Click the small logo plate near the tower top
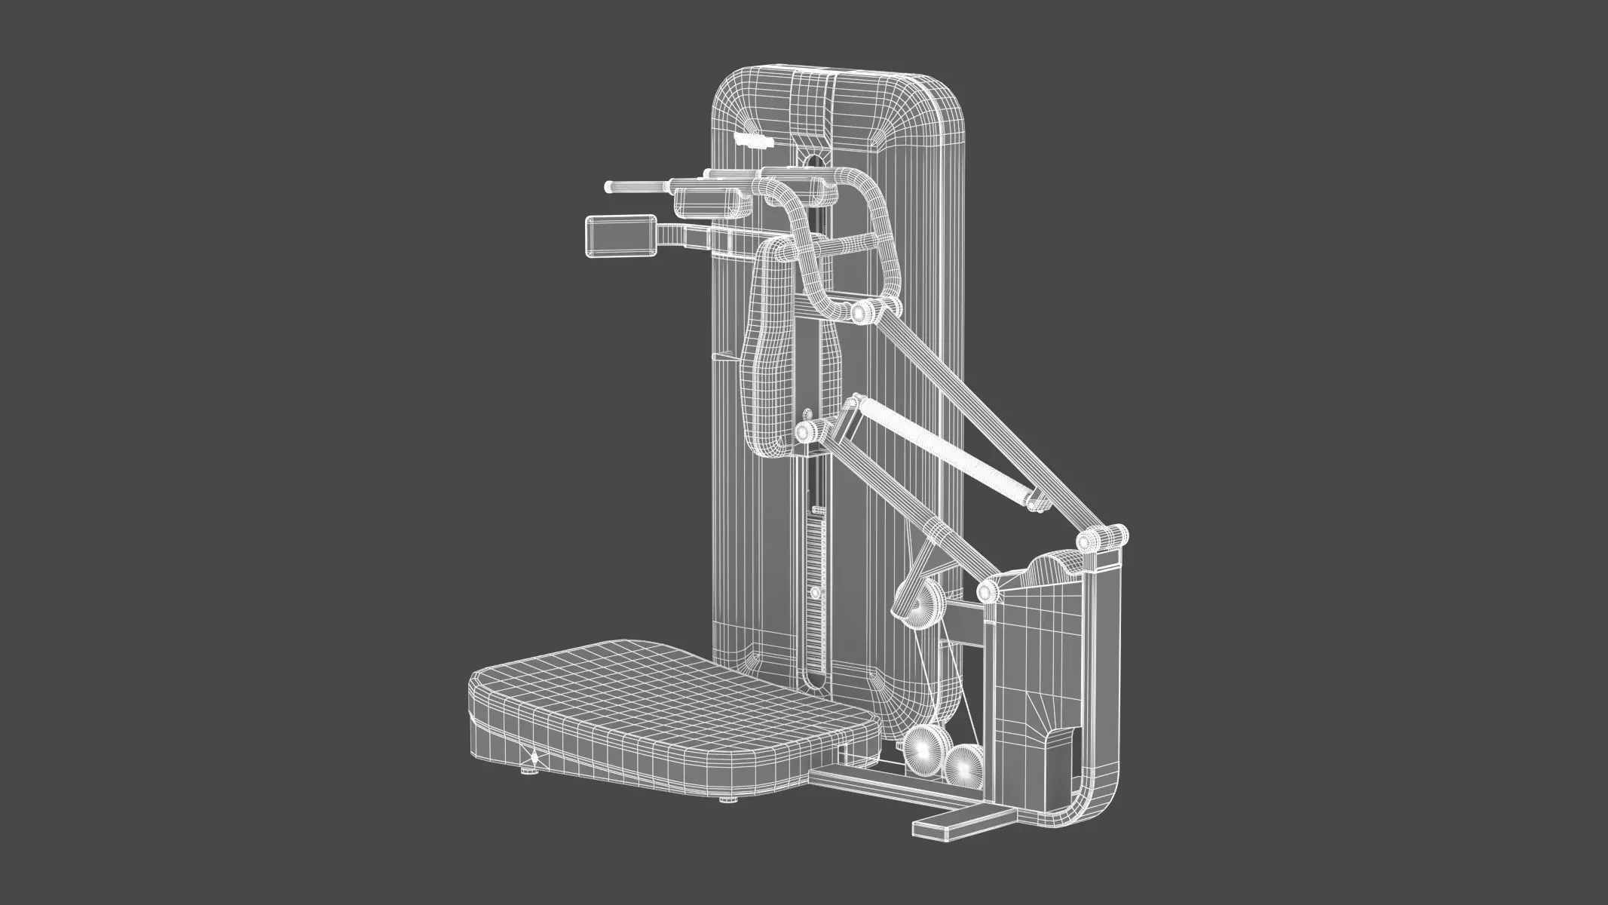pos(754,140)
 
